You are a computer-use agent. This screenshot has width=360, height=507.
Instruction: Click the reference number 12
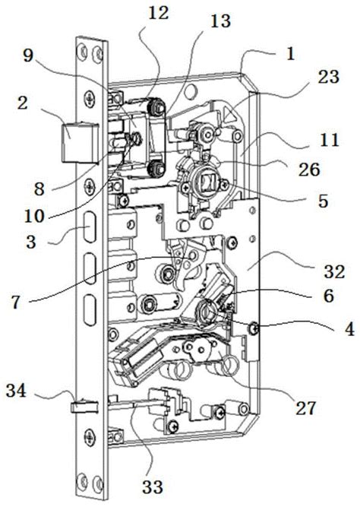[159, 14]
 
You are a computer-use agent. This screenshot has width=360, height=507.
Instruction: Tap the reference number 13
[220, 21]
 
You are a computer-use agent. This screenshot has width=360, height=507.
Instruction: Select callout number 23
[328, 77]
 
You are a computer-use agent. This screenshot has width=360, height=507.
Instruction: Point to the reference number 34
[17, 391]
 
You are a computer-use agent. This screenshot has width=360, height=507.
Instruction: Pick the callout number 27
[306, 408]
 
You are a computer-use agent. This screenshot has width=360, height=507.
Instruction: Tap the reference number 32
[334, 272]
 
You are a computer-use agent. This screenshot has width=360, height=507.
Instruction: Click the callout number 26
[309, 169]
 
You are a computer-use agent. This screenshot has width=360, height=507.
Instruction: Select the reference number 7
[17, 303]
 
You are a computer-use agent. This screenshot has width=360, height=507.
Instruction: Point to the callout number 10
[34, 216]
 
